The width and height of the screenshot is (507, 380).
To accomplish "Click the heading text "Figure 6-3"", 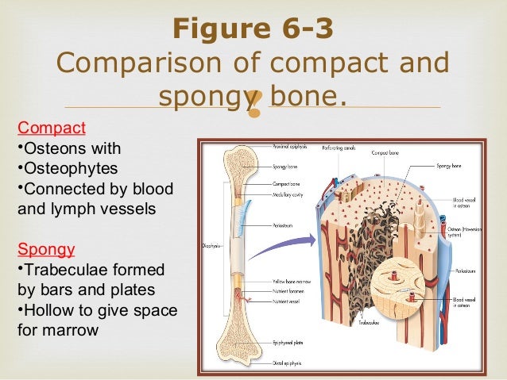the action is (x=253, y=29).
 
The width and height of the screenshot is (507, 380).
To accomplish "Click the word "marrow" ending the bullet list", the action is (x=72, y=328).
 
